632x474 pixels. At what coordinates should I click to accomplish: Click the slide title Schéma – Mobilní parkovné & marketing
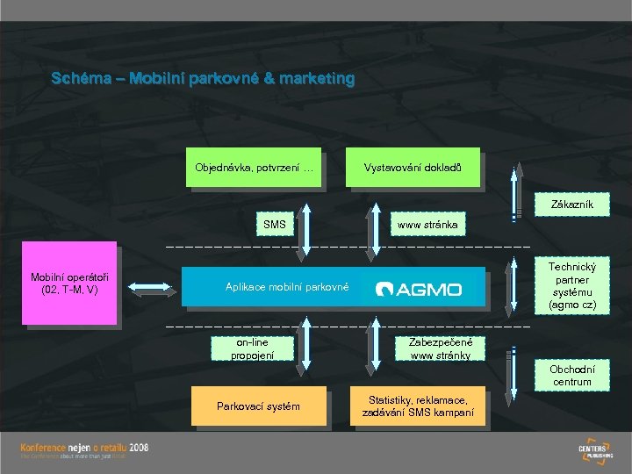pos(203,79)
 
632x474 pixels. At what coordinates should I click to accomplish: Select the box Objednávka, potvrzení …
pos(255,167)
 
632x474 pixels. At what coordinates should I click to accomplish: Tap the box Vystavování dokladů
pos(412,167)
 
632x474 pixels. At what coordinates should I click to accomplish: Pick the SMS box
pos(275,225)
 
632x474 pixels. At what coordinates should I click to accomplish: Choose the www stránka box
pos(427,226)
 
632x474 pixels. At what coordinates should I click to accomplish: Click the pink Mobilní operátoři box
pos(68,284)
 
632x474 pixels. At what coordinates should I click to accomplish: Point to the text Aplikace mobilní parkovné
pos(287,287)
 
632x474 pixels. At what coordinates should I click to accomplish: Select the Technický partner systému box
pos(571,285)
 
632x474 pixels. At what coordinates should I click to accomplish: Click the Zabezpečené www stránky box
pos(440,348)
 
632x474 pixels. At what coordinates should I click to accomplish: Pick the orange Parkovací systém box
pos(258,406)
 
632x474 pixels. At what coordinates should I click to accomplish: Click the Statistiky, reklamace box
pos(418,406)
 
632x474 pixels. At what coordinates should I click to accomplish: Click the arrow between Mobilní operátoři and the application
pos(149,285)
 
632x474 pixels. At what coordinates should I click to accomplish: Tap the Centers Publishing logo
pos(598,449)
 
